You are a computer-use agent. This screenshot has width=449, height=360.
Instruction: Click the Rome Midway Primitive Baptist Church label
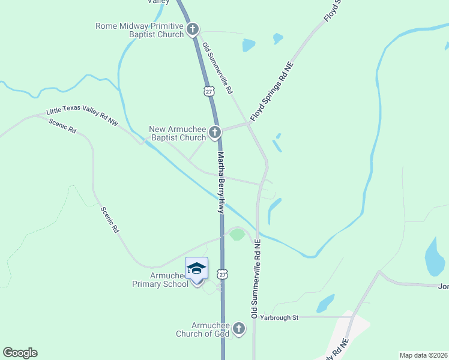point(139,30)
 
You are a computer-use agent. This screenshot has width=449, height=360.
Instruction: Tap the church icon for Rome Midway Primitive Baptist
point(193,29)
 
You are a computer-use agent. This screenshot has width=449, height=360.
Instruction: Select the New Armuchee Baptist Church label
point(177,133)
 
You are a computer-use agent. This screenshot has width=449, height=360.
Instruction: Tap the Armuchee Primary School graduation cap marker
point(196,268)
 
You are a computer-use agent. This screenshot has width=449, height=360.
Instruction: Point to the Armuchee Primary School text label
point(160,280)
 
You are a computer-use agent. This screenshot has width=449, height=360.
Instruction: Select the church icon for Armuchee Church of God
point(239,328)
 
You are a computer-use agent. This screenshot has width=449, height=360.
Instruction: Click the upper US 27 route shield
point(208,91)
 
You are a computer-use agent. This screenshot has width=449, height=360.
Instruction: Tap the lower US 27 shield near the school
point(224,274)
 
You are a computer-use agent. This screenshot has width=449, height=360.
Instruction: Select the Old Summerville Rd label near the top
point(217,69)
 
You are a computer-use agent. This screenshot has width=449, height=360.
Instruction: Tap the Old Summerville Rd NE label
point(255,279)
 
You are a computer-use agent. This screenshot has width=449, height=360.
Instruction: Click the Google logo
point(20,353)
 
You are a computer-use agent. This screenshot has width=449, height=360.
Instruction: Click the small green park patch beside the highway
point(237,234)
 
